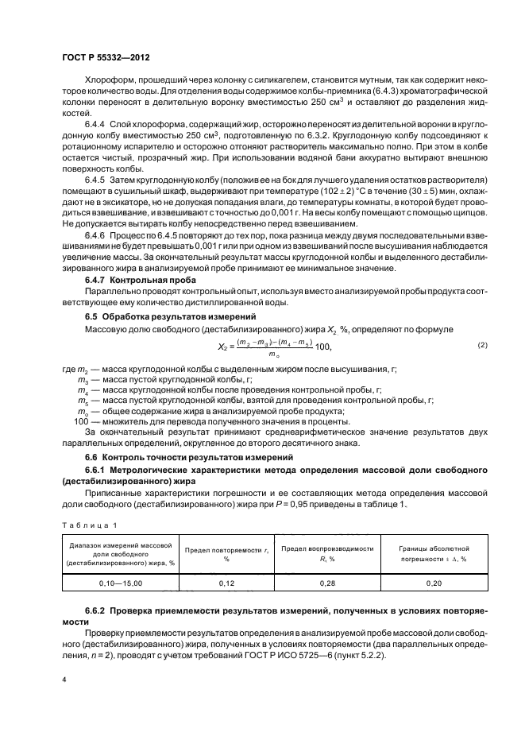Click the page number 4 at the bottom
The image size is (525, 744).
pyautogui.click(x=63, y=680)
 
